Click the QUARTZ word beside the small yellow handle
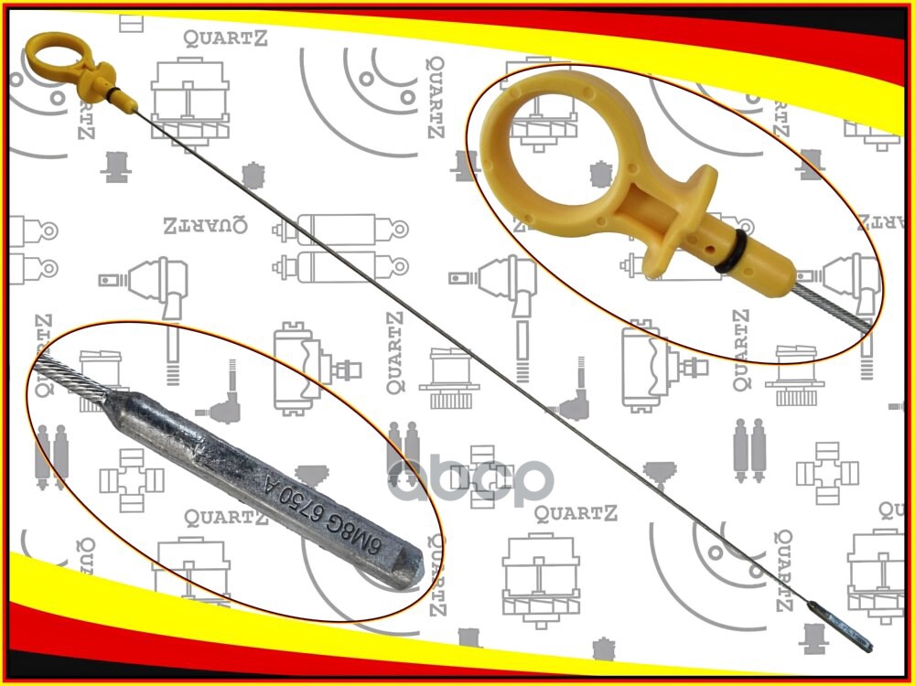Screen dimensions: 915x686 (x=221, y=38)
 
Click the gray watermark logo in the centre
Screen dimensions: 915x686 (x=471, y=480)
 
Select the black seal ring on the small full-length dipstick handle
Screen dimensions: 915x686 (x=113, y=92)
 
